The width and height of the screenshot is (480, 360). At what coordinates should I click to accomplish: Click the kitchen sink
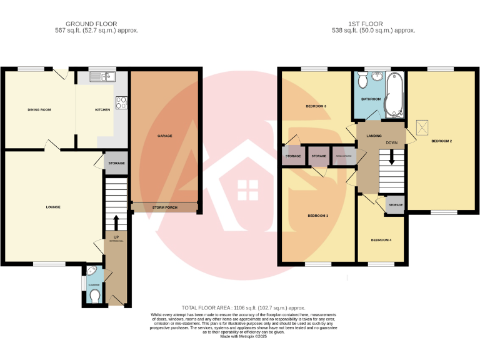pyautogui.click(x=100, y=77)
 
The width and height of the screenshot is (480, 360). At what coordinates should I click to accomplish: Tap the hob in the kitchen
pyautogui.click(x=121, y=102)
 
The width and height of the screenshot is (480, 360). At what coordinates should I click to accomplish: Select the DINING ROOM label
pyautogui.click(x=39, y=110)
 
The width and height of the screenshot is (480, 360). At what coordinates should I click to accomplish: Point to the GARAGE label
pyautogui.click(x=164, y=136)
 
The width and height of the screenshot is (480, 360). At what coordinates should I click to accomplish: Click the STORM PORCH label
pyautogui.click(x=164, y=207)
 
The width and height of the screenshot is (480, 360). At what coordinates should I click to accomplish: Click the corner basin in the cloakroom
pyautogui.click(x=92, y=272)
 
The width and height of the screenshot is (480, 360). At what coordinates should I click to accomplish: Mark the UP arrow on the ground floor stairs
pyautogui.click(x=116, y=223)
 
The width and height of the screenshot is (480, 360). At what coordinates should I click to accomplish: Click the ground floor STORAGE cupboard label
pyautogui.click(x=116, y=163)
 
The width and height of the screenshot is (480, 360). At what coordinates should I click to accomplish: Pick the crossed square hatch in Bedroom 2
pyautogui.click(x=423, y=127)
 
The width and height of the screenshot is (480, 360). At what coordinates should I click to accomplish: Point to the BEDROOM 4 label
pyautogui.click(x=381, y=240)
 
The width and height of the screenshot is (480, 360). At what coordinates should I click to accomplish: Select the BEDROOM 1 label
pyautogui.click(x=317, y=216)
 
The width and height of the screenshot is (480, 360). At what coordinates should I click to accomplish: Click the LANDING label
pyautogui.click(x=374, y=136)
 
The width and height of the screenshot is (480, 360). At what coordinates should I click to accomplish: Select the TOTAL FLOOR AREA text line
pyautogui.click(x=243, y=307)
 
